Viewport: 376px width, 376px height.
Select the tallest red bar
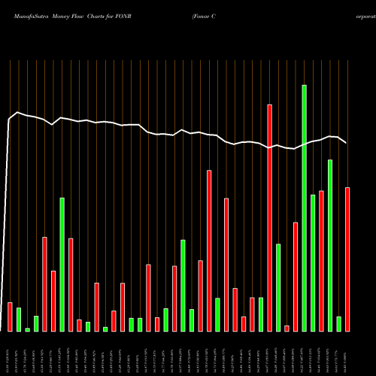tap(269, 218)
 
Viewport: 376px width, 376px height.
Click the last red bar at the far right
tap(347, 259)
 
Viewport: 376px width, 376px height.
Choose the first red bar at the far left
tap(10, 317)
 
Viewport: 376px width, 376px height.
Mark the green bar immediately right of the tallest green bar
tap(313, 262)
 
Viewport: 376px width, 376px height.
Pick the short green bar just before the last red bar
tap(339, 323)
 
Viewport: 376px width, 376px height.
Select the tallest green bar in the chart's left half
tap(62, 264)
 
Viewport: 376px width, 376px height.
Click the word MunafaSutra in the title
tap(27, 15)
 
